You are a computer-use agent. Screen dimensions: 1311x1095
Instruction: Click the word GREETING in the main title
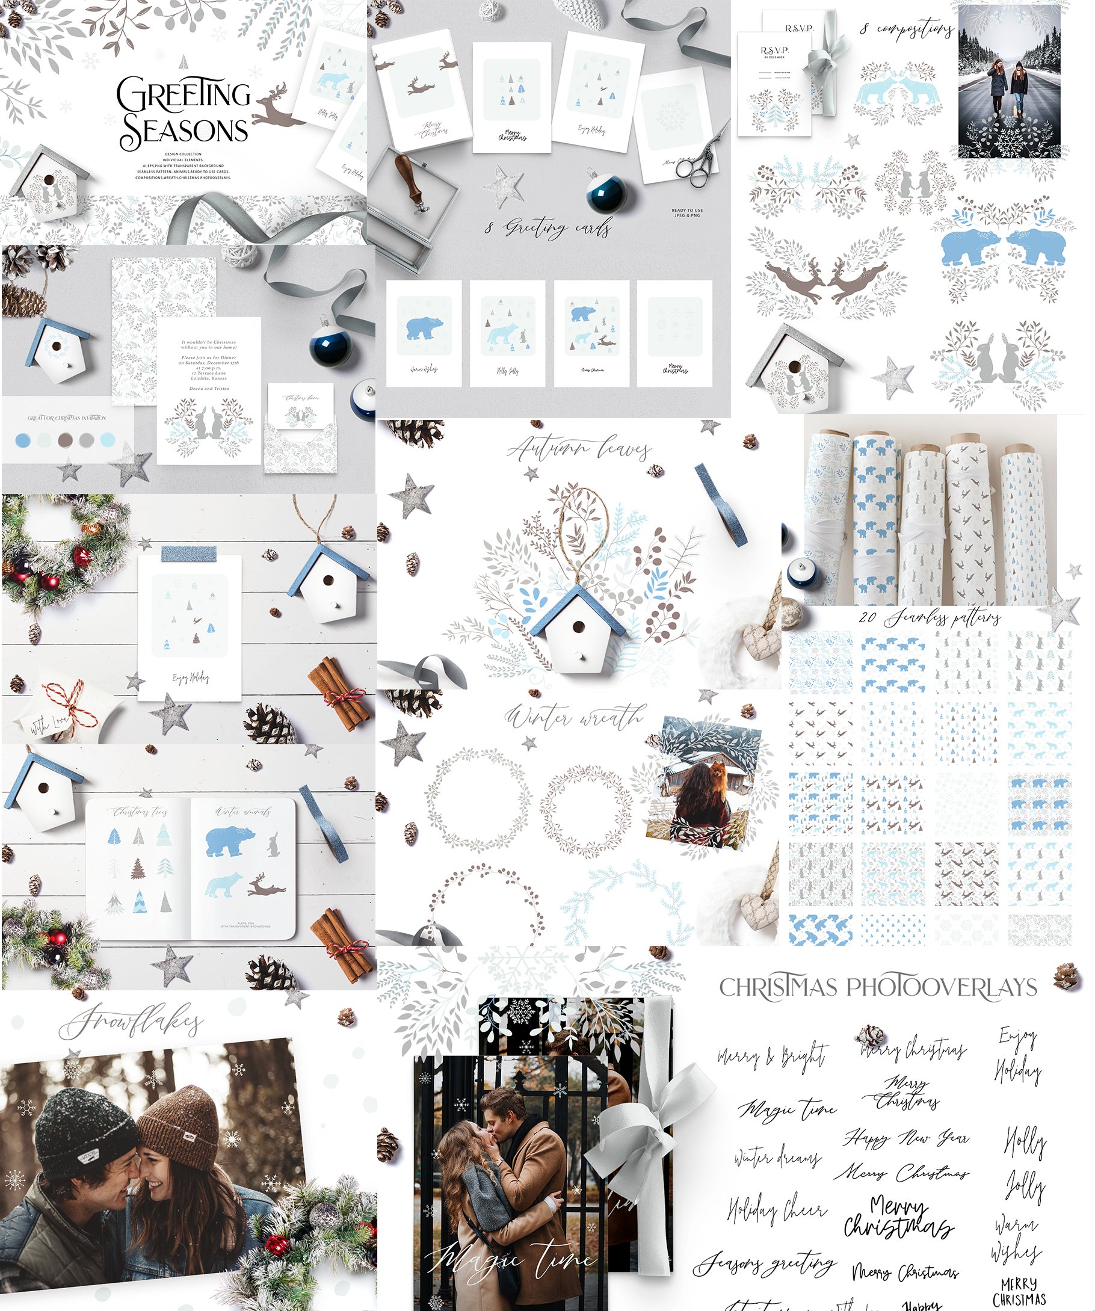[x=182, y=95]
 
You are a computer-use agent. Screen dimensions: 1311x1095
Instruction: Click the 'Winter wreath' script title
[x=573, y=718]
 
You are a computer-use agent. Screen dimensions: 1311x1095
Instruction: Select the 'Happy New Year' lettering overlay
[x=907, y=1138]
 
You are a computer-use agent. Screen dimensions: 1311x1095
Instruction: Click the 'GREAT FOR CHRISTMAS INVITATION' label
[x=67, y=418]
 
